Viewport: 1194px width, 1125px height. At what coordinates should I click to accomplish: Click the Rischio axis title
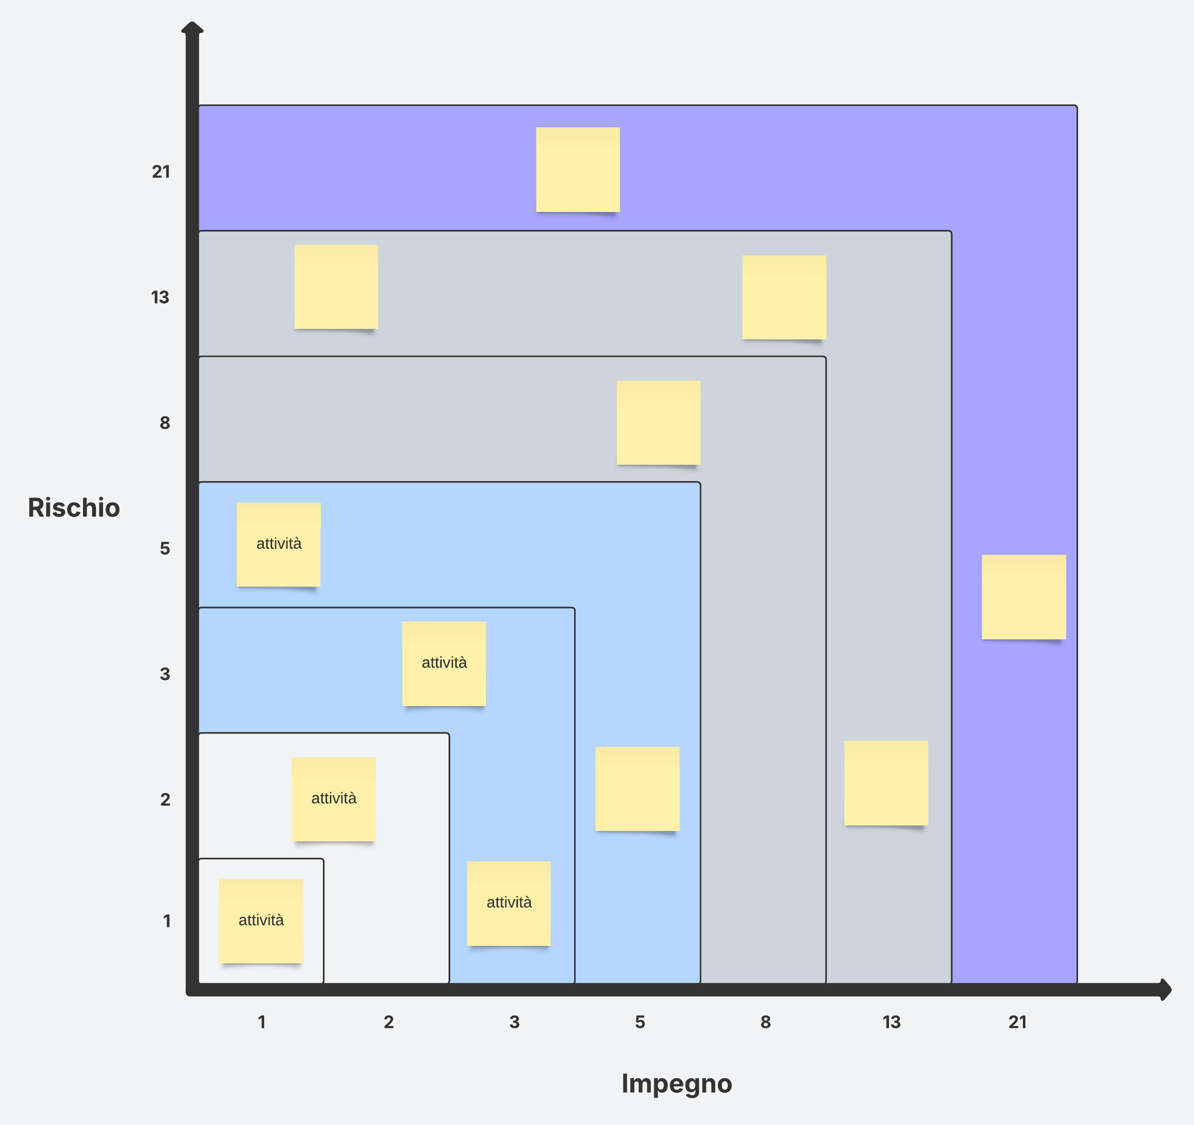click(74, 508)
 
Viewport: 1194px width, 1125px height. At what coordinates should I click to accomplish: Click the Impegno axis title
click(676, 1083)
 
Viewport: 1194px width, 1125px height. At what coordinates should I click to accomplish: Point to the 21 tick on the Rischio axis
click(161, 172)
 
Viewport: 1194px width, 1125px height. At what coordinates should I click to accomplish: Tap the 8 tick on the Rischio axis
click(165, 423)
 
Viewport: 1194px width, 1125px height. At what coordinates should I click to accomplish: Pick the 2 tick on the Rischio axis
click(165, 800)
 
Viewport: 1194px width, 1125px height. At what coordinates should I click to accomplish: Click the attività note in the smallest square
click(261, 920)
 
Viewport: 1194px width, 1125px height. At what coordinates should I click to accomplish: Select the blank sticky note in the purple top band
click(578, 169)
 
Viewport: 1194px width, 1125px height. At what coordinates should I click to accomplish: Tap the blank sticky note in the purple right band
click(1023, 597)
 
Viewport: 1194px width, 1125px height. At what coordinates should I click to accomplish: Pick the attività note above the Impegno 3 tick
click(509, 903)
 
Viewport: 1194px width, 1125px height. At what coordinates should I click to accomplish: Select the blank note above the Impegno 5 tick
click(637, 789)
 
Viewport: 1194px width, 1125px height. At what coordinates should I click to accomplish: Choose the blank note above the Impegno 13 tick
click(886, 783)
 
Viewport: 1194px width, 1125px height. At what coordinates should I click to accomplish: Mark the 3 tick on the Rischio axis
click(165, 674)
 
